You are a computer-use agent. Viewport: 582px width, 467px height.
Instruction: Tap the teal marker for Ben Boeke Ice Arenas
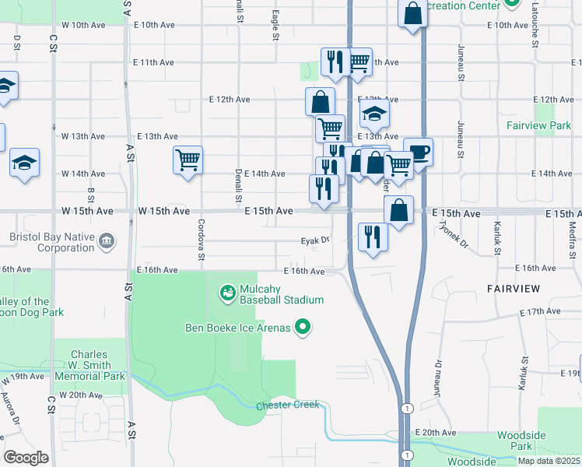tap(304, 328)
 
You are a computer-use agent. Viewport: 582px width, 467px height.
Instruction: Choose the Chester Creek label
tap(287, 406)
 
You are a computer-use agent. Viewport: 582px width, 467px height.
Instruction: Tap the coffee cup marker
tap(418, 153)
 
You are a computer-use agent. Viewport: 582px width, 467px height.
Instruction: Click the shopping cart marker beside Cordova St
tap(188, 161)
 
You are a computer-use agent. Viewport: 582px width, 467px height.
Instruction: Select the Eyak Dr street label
tap(315, 241)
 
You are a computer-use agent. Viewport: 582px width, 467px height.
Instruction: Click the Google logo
tap(26, 457)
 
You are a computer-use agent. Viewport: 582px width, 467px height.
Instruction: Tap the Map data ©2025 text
tap(549, 461)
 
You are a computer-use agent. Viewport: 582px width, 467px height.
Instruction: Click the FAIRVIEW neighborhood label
tap(514, 289)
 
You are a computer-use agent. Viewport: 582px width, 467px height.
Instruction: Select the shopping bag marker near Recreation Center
tap(412, 12)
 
